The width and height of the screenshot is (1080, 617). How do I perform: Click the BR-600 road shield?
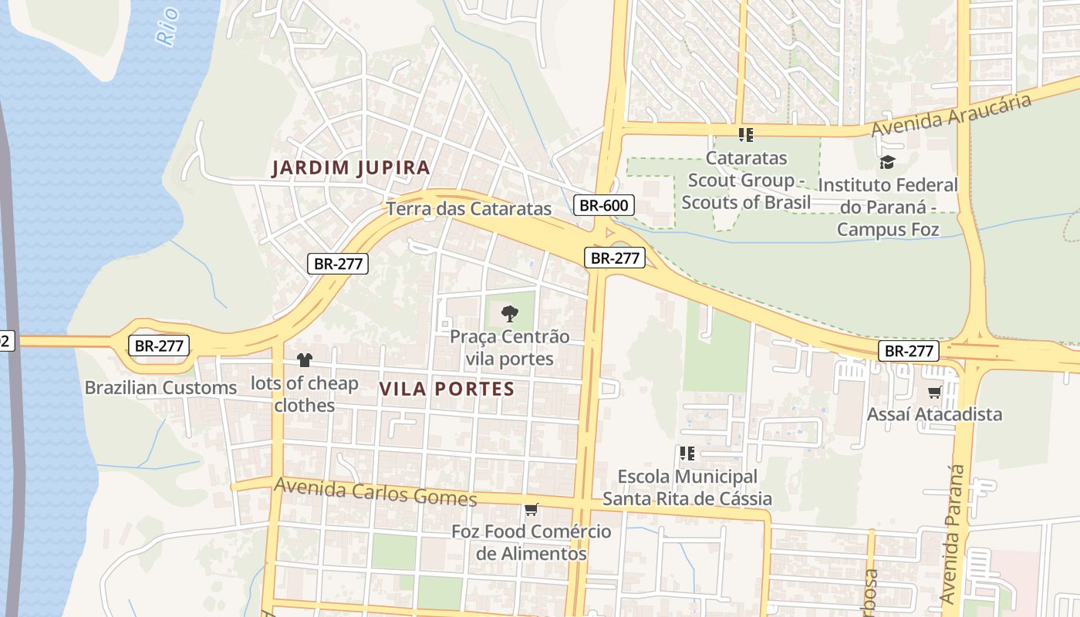coord(604,205)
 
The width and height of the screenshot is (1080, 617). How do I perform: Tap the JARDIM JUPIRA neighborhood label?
coord(350,168)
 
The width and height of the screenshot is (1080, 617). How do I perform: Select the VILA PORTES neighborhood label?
coord(447,389)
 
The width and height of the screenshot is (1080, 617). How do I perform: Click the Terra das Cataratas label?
coord(469,208)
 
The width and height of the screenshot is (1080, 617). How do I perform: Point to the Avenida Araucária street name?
coord(951,116)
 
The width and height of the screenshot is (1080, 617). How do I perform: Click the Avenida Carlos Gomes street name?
coord(375,491)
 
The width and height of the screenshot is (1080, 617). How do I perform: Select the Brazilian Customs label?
coord(160,387)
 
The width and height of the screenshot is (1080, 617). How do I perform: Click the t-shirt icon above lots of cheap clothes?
coord(305,360)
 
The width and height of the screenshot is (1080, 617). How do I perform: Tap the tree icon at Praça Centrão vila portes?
coord(509,313)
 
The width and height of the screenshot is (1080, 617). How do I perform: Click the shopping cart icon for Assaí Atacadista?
coord(934,392)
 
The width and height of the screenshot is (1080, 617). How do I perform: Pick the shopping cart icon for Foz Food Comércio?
coord(531,509)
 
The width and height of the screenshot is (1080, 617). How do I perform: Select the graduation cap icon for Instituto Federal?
coord(887,162)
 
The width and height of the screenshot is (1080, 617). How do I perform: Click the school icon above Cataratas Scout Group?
coord(745,135)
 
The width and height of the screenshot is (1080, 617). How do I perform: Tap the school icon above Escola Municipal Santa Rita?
coord(687,453)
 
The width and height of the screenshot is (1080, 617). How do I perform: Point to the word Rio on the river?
coord(167,25)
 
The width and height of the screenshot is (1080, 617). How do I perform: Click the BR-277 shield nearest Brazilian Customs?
coord(158,346)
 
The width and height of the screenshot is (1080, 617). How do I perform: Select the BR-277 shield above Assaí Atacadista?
coord(909,351)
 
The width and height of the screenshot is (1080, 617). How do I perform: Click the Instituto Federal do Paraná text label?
coord(887,207)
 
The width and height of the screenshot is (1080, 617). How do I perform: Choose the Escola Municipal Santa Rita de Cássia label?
coord(687,487)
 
